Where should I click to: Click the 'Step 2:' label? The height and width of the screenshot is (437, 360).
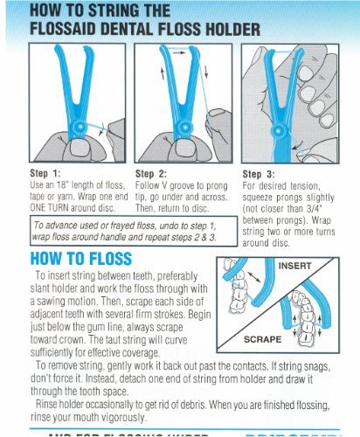tap(152, 173)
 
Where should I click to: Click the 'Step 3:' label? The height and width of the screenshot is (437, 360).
tap(259, 173)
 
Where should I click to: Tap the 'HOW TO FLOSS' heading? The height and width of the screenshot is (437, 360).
tap(80, 259)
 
